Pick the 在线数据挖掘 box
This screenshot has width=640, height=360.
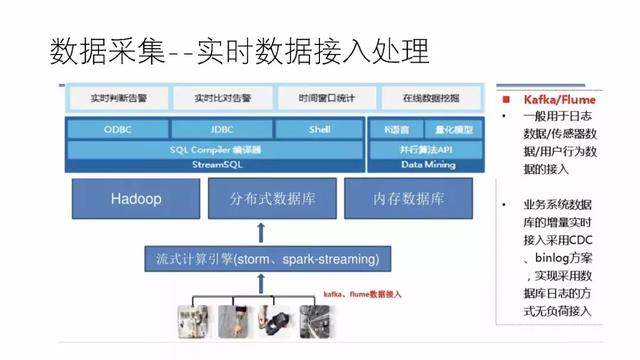coord(431,99)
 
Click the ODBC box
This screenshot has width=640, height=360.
coord(117,130)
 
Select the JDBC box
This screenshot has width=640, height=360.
coord(222,130)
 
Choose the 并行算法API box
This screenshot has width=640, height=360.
coord(427,148)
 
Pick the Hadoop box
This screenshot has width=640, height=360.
coord(135,199)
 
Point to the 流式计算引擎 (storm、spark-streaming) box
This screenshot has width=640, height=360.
coord(262,259)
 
